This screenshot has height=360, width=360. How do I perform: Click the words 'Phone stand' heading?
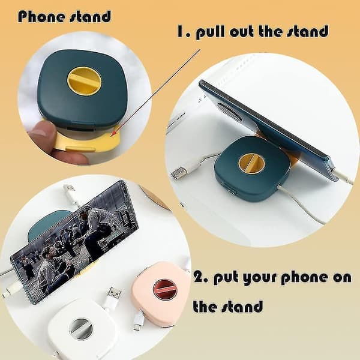coord(65,17)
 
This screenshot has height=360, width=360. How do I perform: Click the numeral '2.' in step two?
coord(201,277)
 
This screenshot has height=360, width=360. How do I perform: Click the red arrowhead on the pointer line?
coord(113,134)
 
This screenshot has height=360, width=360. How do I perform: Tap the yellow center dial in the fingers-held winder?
coord(84,81)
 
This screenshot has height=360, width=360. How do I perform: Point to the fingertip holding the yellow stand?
coord(44,133)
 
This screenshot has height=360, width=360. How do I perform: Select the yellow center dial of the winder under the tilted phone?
coord(251,163)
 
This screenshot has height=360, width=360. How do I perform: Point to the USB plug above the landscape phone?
coord(70,190)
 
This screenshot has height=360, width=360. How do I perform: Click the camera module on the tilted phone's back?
coord(229,112)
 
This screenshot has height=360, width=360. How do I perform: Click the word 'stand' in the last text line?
coord(242,306)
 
